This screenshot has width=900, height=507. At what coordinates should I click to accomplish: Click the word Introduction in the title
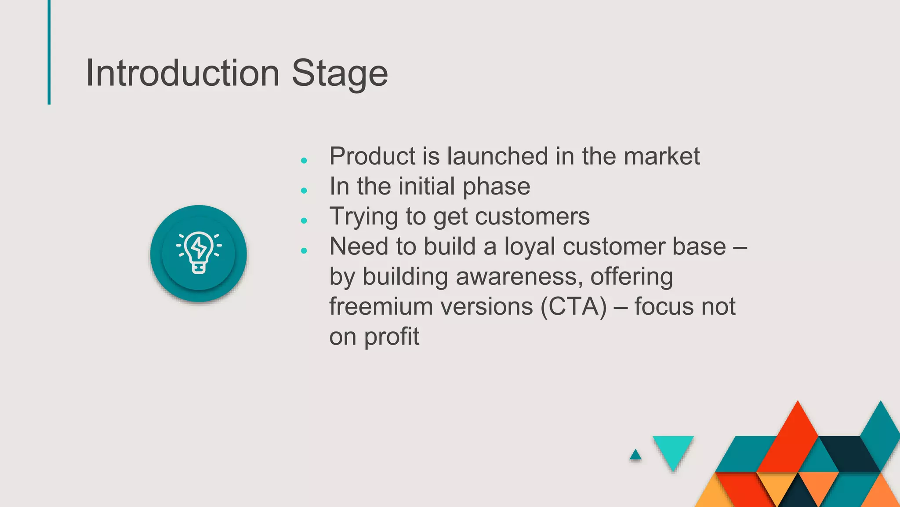(182, 73)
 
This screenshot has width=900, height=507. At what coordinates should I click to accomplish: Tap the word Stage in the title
(339, 74)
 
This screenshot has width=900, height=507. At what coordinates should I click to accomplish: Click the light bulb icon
(199, 253)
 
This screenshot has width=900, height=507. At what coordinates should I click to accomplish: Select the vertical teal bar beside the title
(49, 52)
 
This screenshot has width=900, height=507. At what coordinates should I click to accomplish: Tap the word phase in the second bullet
(496, 187)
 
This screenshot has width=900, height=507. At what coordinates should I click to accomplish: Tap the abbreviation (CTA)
(574, 307)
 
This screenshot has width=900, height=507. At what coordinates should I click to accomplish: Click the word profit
(392, 338)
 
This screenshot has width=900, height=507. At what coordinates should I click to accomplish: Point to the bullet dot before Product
(304, 161)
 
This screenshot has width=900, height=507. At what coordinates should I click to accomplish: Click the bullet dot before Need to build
(304, 251)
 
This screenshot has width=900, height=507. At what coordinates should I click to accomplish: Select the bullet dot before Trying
(304, 220)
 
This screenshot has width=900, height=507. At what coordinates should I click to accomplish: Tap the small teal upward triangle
(635, 455)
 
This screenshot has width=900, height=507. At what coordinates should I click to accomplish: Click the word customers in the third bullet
(532, 217)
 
